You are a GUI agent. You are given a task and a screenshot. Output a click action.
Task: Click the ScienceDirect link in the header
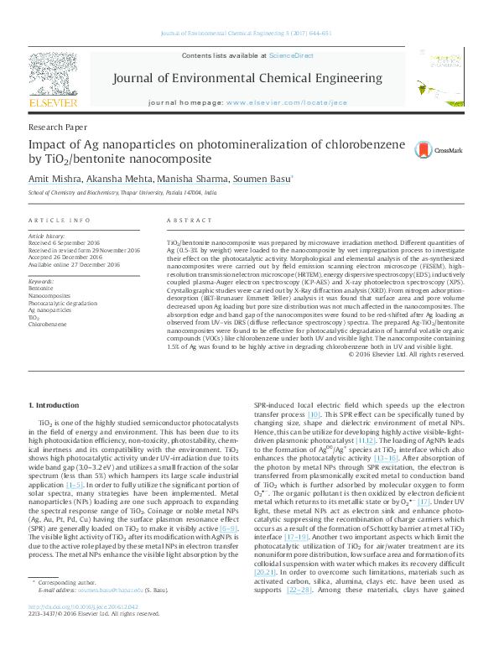(291, 55)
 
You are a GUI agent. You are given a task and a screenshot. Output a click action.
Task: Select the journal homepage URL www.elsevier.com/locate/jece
(286, 101)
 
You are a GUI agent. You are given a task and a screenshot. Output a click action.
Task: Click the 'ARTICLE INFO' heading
(60, 221)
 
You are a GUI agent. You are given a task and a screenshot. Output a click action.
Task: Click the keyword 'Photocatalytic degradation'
(62, 302)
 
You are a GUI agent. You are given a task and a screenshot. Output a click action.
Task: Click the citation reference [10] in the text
(314, 414)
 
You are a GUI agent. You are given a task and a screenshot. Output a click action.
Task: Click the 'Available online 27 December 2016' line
(74, 264)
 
